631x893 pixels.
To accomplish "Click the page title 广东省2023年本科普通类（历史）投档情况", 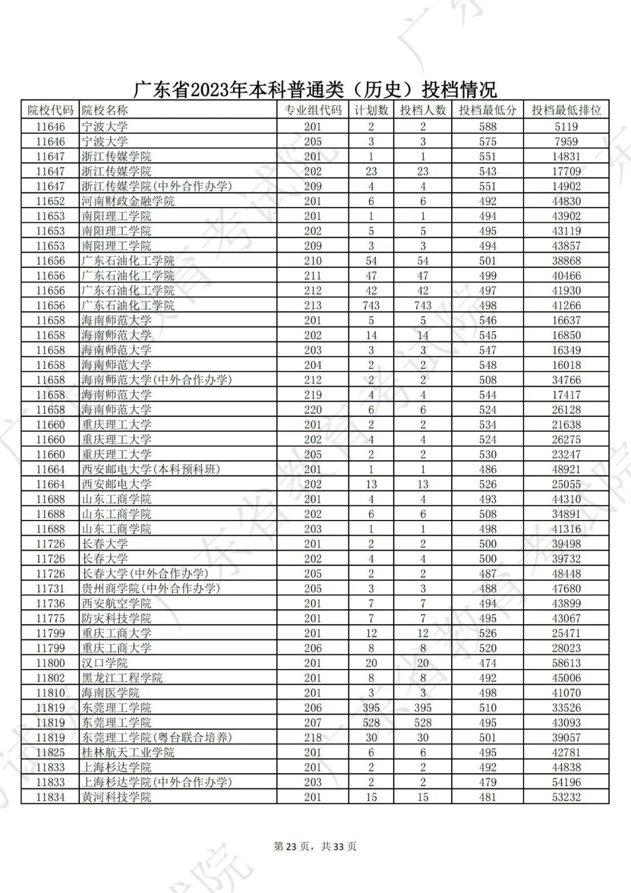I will click(315, 89).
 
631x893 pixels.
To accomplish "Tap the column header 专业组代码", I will click(313, 110).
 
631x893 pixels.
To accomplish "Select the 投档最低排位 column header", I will click(566, 110).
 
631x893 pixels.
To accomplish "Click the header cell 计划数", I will click(371, 110).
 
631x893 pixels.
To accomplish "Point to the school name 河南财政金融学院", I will click(128, 201).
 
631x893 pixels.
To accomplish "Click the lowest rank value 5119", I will click(566, 126).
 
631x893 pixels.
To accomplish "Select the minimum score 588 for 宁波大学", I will click(487, 126).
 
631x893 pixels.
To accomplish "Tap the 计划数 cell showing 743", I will click(371, 305).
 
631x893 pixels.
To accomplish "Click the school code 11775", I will click(50, 618).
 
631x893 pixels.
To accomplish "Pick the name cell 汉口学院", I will click(105, 663).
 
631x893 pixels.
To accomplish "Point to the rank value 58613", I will click(566, 663).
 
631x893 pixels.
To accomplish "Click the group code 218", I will click(313, 737).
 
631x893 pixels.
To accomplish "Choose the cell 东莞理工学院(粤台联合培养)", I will click(157, 737).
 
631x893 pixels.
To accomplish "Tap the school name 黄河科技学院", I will click(116, 797).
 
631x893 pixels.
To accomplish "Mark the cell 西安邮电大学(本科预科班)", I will click(151, 469).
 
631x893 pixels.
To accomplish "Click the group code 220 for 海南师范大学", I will click(313, 410).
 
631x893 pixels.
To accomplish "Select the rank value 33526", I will click(566, 708).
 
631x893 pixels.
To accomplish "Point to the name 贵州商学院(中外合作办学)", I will click(151, 588).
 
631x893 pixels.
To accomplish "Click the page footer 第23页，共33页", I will click(315, 846).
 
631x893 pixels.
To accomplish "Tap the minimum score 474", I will click(487, 663).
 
